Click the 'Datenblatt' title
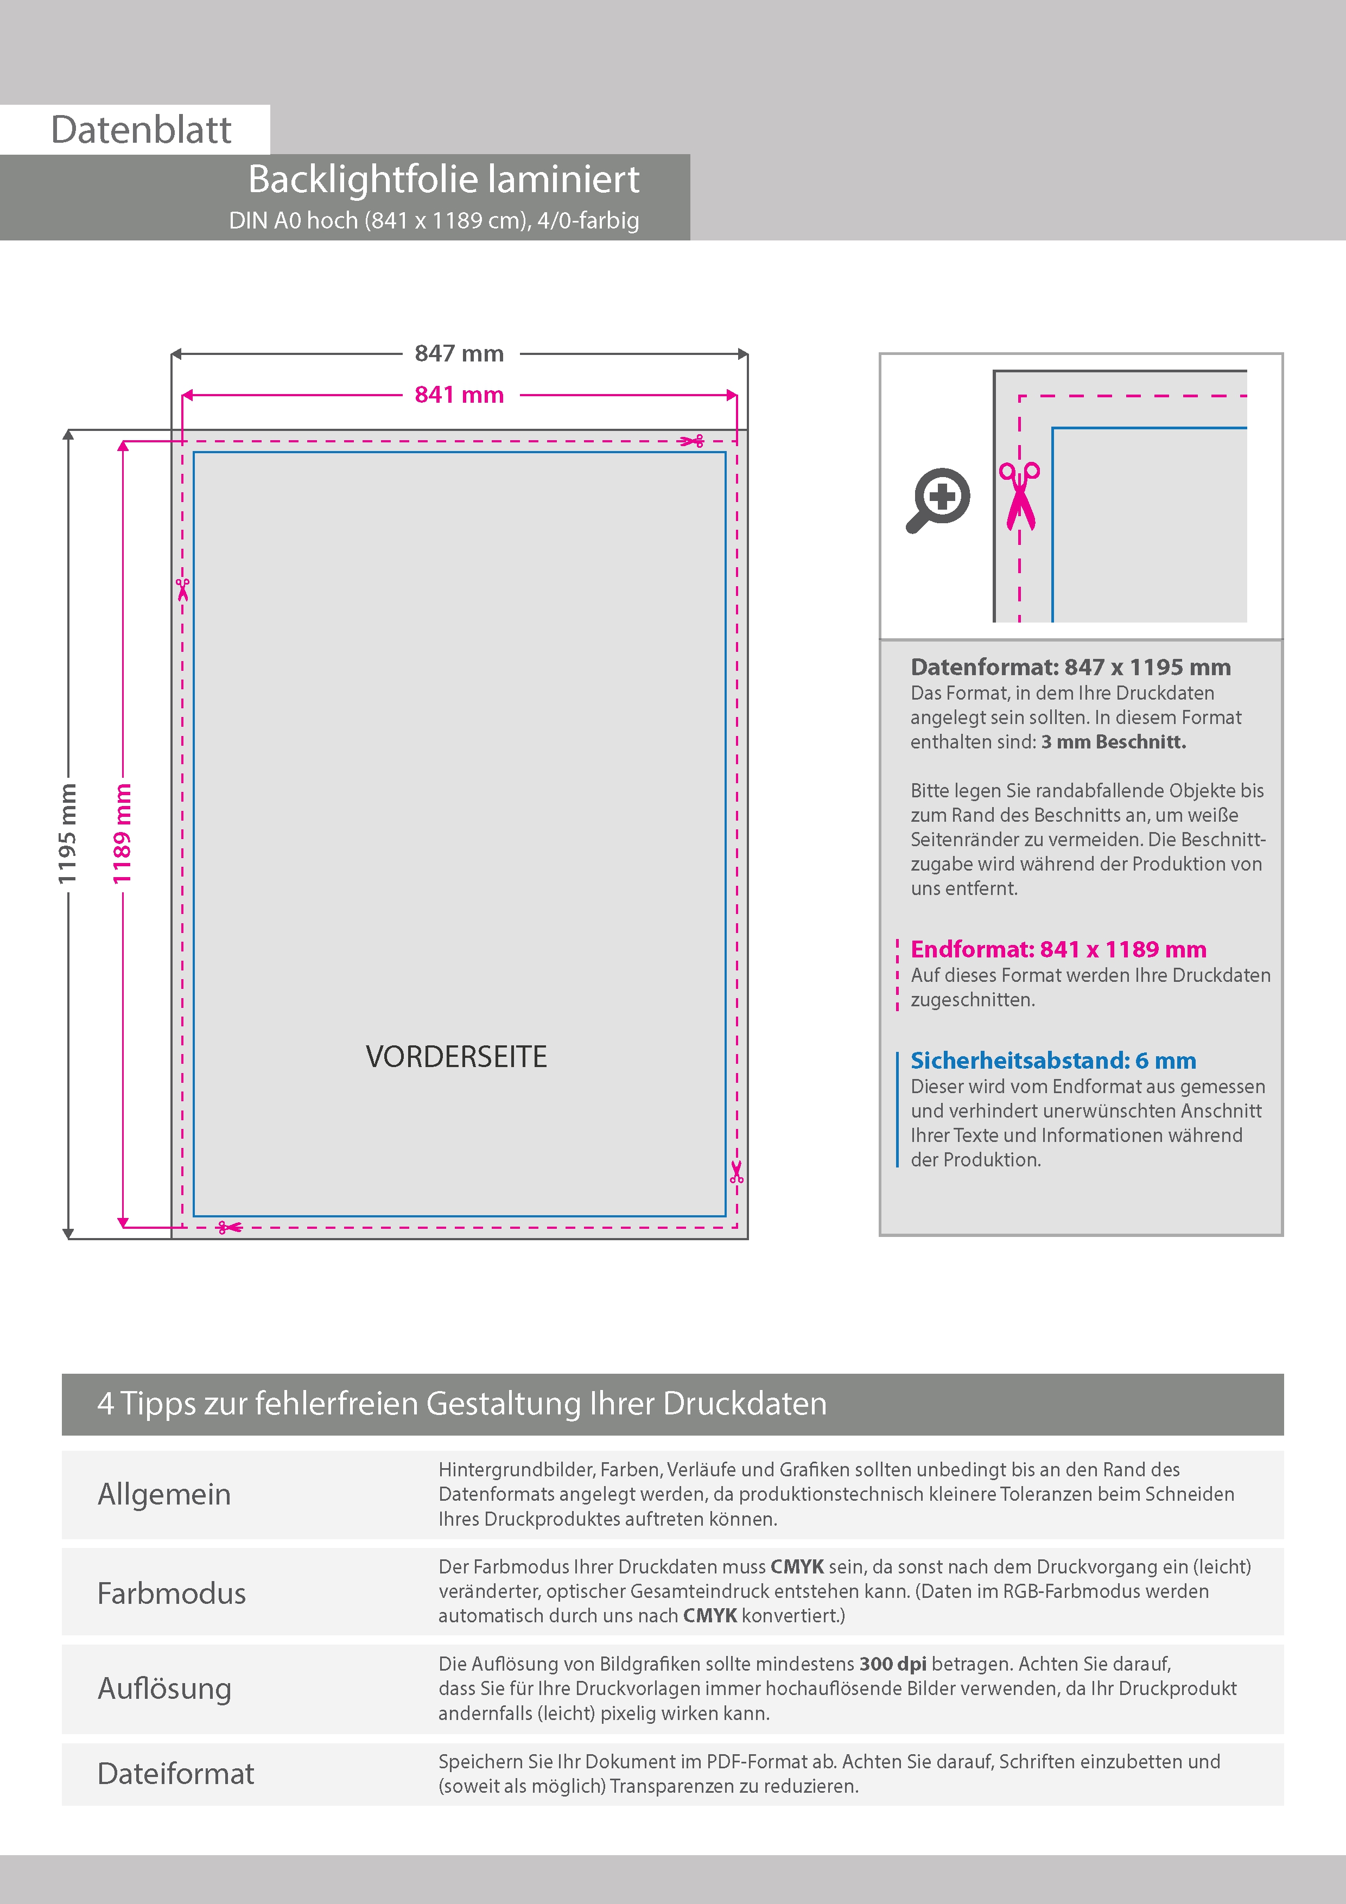(141, 130)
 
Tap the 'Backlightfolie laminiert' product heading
(443, 179)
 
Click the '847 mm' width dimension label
(459, 353)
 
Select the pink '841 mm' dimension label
(459, 395)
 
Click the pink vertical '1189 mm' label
(122, 834)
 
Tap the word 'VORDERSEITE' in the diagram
(456, 1057)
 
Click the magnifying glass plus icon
(938, 500)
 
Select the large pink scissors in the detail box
(1019, 495)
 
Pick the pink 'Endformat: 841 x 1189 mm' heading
(1058, 949)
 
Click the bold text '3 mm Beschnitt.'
(1114, 742)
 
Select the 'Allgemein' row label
(164, 1494)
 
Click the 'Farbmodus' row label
(172, 1593)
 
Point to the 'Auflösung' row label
(164, 1689)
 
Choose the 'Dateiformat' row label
(176, 1774)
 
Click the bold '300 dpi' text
(892, 1664)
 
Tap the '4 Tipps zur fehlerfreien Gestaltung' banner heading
(462, 1404)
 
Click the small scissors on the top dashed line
(691, 441)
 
